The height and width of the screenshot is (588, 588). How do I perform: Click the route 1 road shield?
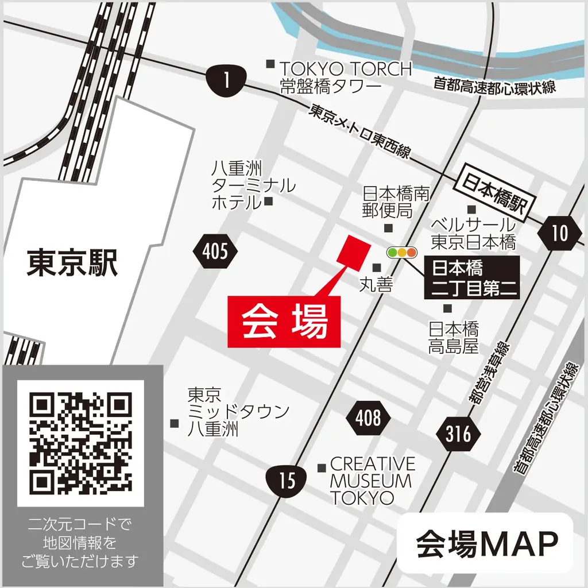pos(227,80)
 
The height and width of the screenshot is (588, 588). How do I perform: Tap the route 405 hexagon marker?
pos(215,251)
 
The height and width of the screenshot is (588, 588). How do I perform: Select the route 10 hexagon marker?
pos(559,233)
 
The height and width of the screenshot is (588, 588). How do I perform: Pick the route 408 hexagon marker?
pos(368,418)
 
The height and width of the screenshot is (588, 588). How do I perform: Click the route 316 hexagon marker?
pos(458,434)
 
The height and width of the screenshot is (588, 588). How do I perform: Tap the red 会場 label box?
pos(284,322)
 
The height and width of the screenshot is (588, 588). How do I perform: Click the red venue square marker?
pos(353,253)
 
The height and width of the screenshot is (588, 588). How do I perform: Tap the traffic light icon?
pos(402,252)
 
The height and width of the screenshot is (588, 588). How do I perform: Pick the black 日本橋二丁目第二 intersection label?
pos(471,278)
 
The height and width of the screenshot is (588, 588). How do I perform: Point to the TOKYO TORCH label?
pos(346,77)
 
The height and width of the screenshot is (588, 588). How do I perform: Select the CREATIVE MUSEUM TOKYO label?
pos(372,480)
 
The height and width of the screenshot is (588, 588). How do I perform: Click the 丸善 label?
pos(376,284)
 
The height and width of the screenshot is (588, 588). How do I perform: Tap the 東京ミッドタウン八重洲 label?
pos(238,412)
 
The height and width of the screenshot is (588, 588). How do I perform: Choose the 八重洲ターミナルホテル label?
pos(253,185)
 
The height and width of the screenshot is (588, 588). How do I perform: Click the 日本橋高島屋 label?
pos(454,338)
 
